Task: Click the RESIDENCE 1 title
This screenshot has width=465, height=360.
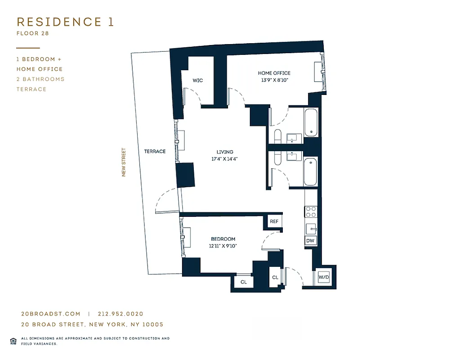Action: [65, 22]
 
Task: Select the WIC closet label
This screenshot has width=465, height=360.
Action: [197, 81]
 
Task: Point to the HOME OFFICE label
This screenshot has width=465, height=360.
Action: [274, 73]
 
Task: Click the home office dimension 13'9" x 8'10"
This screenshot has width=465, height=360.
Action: [274, 80]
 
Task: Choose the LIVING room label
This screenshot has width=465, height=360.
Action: [224, 152]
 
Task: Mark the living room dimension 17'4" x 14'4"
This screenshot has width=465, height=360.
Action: [224, 159]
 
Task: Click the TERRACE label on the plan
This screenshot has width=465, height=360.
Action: [155, 152]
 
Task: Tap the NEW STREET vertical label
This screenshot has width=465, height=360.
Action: [124, 162]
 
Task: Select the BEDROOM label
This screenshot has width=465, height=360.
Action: [223, 239]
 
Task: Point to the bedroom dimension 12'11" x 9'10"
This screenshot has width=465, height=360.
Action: [223, 246]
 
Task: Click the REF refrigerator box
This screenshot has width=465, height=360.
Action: [274, 222]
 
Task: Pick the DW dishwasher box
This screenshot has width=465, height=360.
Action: [310, 241]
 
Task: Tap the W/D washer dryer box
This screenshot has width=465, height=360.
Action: [324, 278]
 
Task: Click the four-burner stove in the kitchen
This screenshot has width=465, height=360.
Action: [311, 212]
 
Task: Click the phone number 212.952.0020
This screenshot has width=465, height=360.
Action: [120, 314]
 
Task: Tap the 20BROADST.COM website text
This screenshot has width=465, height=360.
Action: [50, 314]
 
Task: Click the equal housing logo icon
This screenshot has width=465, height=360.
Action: [13, 341]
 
